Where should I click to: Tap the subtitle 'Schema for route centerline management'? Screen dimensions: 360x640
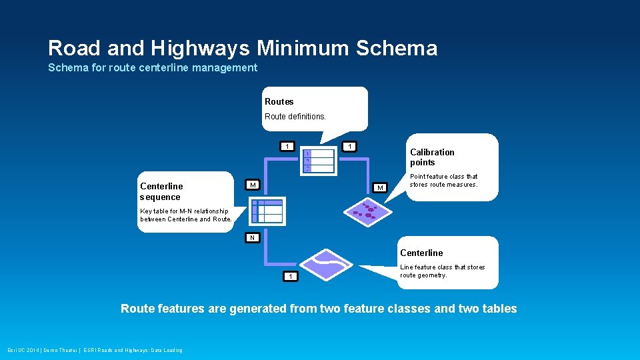coord(153,67)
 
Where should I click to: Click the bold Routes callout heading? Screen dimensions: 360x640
coord(279,102)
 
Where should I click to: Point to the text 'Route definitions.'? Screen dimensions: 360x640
coord(295,117)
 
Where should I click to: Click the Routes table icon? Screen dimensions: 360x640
coord(318,161)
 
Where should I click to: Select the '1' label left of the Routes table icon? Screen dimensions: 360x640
coord(287,147)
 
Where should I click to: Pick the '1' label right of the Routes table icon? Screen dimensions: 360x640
coord(349,147)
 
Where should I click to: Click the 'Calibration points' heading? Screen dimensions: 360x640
coord(432,157)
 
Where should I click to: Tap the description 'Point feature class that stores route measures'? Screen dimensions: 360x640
coord(443,181)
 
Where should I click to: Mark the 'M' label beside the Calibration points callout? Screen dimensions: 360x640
coord(380,188)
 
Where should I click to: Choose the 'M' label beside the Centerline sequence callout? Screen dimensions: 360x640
coord(253,185)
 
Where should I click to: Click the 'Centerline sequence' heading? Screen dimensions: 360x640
coord(161,191)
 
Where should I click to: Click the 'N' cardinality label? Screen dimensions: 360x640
coord(252,237)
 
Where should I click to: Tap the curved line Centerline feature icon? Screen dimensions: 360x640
coord(326,264)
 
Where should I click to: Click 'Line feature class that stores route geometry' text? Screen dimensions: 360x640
coord(442,271)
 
